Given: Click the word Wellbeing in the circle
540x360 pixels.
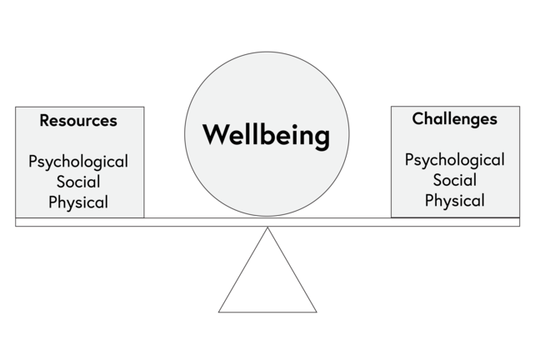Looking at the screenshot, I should (266, 134).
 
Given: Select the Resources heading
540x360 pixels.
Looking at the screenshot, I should (78, 120).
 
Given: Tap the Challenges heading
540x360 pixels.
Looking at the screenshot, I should (454, 118).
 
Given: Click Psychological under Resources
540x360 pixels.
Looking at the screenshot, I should (78, 161).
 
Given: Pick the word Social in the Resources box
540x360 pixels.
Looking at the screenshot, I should (78, 182).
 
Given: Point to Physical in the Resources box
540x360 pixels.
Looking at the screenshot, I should (78, 202).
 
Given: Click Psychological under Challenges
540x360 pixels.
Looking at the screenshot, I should (454, 159).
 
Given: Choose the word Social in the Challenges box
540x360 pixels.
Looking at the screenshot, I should (454, 180).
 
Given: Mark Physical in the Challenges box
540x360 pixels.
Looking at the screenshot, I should (454, 201).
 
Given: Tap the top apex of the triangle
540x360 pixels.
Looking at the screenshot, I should (267, 228).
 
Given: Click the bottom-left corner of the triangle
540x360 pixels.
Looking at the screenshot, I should (220, 311).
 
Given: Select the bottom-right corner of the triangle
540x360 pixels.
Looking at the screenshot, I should (316, 311).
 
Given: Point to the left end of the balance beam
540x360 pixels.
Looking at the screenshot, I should (17, 222).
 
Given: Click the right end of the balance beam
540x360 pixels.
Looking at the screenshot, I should (517, 222).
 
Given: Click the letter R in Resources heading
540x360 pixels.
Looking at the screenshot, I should (44, 120).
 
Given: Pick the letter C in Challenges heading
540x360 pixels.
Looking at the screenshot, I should (417, 118).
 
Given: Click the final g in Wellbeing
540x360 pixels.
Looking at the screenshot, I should (322, 137).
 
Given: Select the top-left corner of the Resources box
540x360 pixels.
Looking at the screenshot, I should (16, 107).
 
